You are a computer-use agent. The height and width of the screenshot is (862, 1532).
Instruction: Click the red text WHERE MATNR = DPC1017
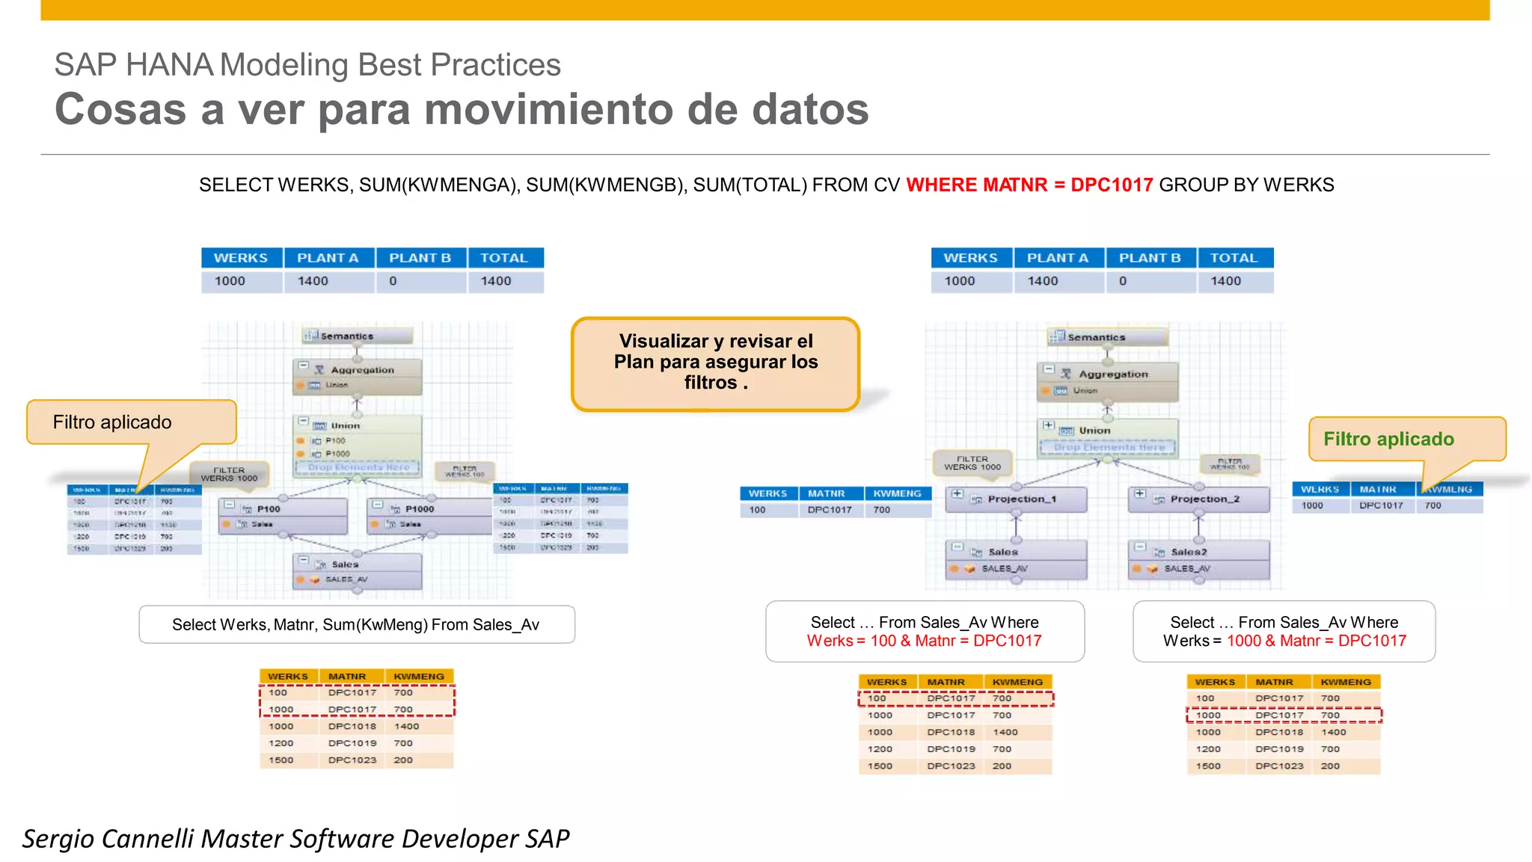(x=1029, y=185)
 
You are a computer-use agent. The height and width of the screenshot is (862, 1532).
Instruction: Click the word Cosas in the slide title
(x=120, y=110)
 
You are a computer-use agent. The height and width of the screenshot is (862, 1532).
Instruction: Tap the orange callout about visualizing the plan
(x=716, y=363)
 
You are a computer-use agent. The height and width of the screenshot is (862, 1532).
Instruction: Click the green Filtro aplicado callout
(x=1388, y=439)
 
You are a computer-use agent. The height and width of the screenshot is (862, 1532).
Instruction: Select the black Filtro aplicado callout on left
(x=112, y=422)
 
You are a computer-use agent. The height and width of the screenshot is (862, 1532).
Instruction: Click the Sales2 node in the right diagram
(x=1188, y=552)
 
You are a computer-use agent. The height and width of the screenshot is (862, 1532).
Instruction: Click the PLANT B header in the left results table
(x=420, y=258)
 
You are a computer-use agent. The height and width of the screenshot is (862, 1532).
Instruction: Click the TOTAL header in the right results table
(x=1234, y=258)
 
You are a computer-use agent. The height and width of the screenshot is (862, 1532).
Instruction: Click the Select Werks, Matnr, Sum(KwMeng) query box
(x=356, y=624)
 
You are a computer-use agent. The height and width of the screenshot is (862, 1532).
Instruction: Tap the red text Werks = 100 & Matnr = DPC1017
(x=924, y=641)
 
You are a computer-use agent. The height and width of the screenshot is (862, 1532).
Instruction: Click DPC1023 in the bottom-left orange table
(x=352, y=760)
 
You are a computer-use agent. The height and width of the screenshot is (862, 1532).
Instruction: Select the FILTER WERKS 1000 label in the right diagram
(x=972, y=463)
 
